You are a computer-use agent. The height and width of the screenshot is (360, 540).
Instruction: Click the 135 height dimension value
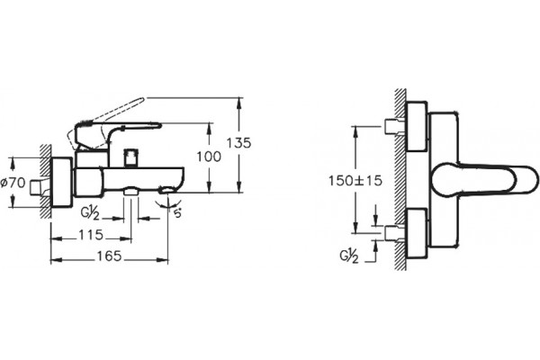coord(238,142)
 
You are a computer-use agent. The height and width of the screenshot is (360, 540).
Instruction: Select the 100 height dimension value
coord(209,157)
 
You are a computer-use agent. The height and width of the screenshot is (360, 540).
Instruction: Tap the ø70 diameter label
coord(13,183)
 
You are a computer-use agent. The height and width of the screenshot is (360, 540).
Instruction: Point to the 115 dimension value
coord(91,235)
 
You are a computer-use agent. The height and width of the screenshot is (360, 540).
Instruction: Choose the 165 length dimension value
coord(109,256)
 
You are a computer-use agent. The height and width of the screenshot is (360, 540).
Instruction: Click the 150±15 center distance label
coord(355,181)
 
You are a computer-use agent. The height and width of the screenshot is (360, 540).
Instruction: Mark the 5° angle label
coord(177,213)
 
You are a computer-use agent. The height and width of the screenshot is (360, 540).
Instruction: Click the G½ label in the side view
coord(90,213)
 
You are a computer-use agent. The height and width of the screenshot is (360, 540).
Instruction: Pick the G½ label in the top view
coord(349,256)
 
